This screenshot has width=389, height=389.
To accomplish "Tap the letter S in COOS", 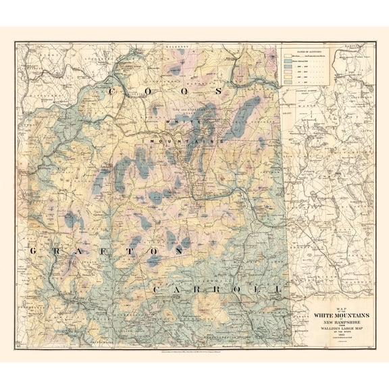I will pyautogui.click(x=219, y=90).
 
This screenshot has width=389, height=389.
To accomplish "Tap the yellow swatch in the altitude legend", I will pyautogui.click(x=286, y=74).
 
